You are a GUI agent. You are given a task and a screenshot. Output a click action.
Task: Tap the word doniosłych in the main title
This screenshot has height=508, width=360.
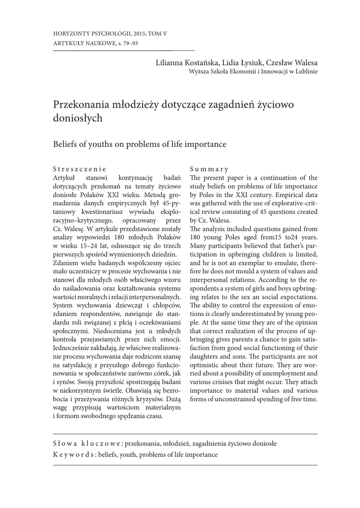tap(77, 118)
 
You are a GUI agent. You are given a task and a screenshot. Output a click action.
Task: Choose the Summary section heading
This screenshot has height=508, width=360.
tap(209, 169)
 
